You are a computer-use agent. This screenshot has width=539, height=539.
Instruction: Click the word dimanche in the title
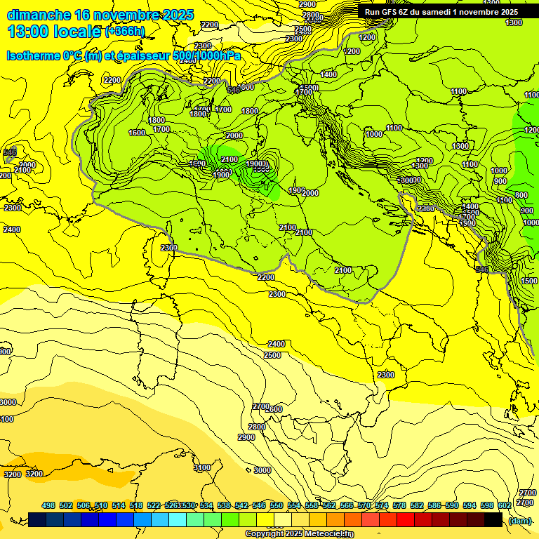(x=39, y=15)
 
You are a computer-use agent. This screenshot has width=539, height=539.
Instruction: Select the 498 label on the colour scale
(x=48, y=505)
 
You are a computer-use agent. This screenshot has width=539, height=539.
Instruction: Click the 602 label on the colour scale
(x=504, y=505)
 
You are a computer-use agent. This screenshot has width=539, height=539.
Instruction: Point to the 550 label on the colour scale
(x=277, y=505)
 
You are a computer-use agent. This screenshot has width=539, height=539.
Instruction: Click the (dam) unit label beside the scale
(x=520, y=520)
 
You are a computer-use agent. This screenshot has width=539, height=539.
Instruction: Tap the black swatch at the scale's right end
(x=493, y=519)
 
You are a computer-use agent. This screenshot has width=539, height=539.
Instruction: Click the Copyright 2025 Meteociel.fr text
(x=299, y=533)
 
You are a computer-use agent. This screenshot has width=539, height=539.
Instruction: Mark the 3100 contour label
(x=202, y=467)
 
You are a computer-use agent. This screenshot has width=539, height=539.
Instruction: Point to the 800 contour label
(x=521, y=195)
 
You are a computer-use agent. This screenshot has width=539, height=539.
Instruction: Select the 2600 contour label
(x=274, y=409)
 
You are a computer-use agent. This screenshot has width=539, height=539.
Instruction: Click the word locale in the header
(x=79, y=32)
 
